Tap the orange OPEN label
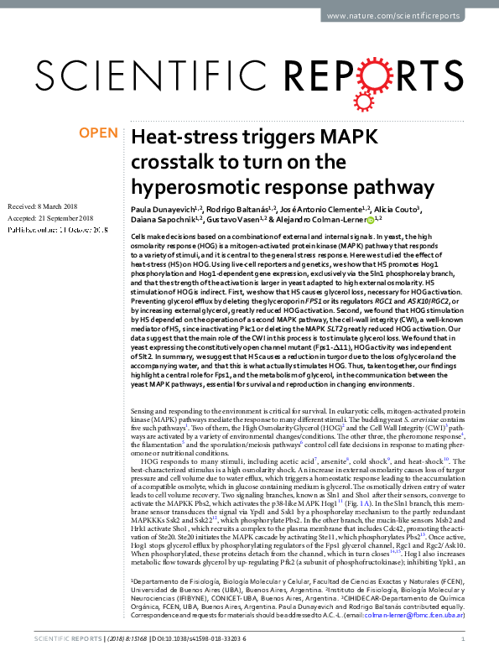tap(99, 133)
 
